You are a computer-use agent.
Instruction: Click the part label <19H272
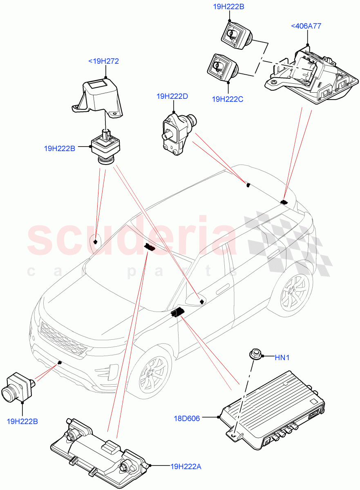click(x=103, y=61)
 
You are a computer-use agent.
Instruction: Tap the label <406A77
click(x=306, y=26)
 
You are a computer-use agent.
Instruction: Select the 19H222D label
click(x=172, y=96)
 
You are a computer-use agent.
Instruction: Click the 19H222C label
click(x=228, y=99)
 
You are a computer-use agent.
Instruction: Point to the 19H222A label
click(x=186, y=466)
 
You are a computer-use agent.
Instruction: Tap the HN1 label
click(x=282, y=358)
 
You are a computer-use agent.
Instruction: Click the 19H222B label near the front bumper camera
click(x=22, y=421)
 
